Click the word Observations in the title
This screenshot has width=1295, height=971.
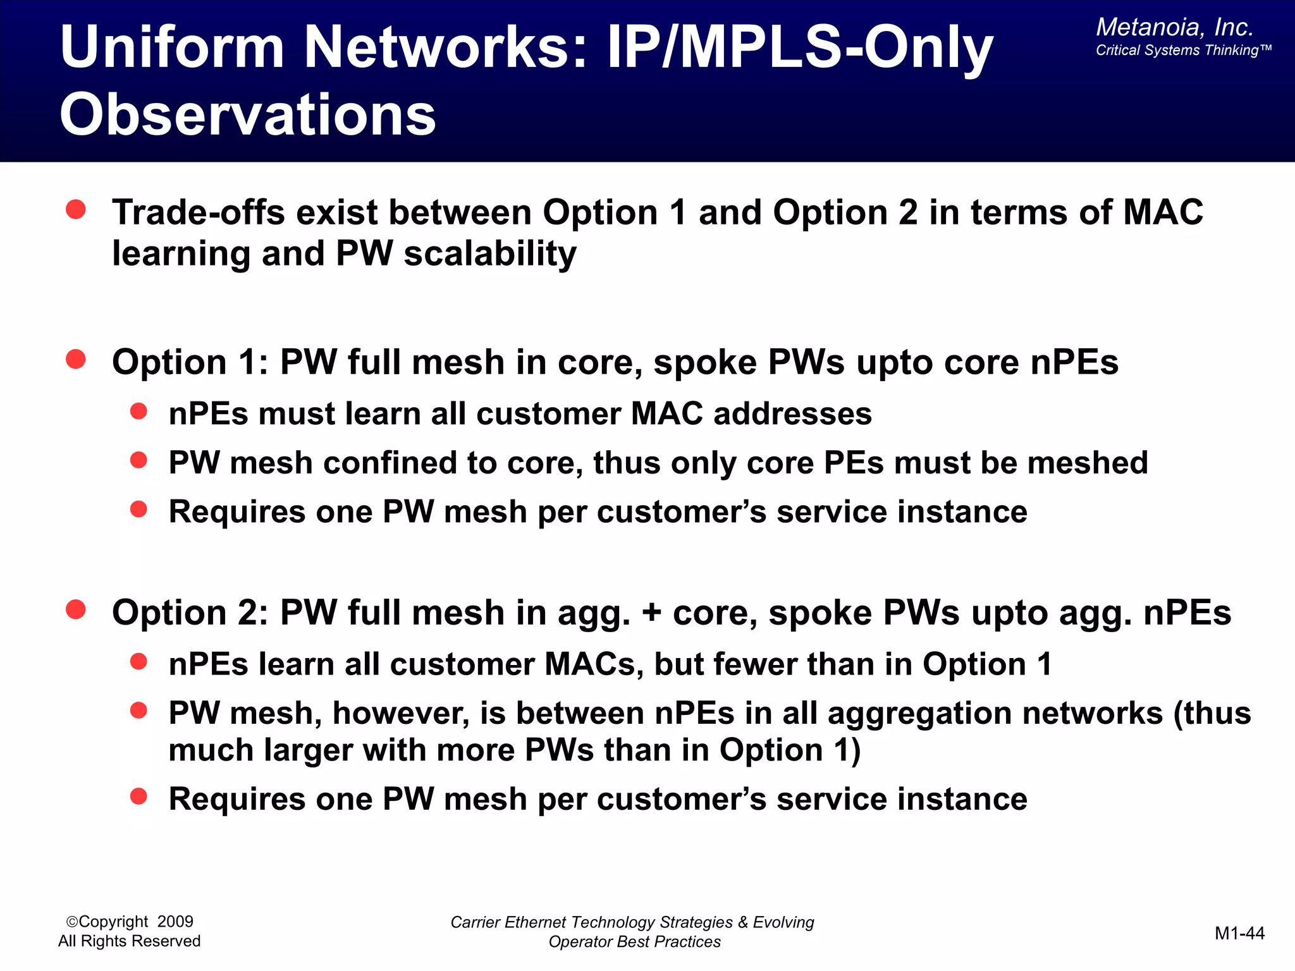(x=248, y=115)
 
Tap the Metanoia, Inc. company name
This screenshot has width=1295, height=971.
(x=1174, y=27)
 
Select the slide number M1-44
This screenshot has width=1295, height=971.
(x=1239, y=933)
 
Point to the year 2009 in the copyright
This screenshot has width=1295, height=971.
(x=175, y=922)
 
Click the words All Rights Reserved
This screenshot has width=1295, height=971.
(x=129, y=941)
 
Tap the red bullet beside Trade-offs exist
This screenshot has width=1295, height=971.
(x=76, y=210)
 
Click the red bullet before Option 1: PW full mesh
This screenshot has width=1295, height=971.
(x=76, y=360)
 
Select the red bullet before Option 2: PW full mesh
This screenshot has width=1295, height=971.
(x=76, y=610)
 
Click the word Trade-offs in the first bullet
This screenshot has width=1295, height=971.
(x=198, y=212)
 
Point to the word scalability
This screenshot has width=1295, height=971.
(x=490, y=254)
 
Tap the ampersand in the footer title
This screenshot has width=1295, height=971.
(x=743, y=922)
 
